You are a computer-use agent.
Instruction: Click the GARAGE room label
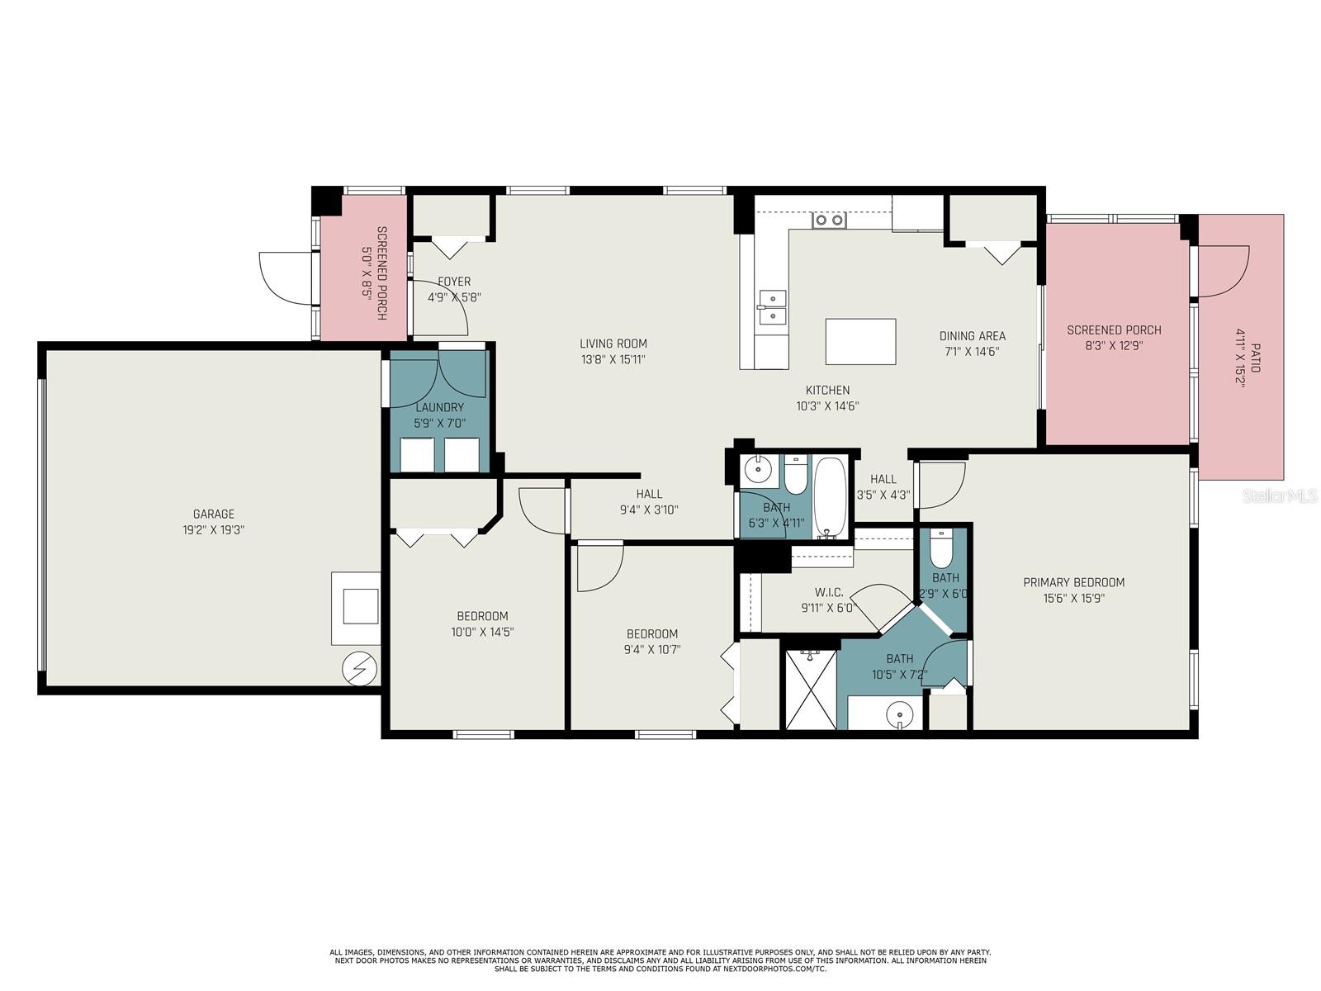pos(214,514)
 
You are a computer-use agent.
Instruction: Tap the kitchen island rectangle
pos(860,341)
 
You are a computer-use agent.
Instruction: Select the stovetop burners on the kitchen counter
pos(829,220)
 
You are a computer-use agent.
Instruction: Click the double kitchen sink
pos(771,306)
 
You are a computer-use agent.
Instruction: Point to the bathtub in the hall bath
pos(830,497)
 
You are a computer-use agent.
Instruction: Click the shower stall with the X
pos(811,690)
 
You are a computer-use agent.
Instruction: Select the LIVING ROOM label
pos(613,344)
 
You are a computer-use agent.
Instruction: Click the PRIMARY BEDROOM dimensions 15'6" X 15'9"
pos(1073,598)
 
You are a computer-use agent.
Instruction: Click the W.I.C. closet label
pos(828,592)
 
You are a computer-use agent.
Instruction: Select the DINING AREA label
pos(972,335)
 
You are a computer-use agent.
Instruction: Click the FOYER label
pos(454,282)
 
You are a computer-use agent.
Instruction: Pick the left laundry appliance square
pos(417,454)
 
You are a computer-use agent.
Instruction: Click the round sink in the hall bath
pos(757,471)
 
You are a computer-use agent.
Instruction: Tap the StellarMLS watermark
pos(1280,495)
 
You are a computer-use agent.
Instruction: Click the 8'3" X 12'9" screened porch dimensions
pos(1114,346)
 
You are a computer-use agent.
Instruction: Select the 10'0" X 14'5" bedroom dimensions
pos(482,632)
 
